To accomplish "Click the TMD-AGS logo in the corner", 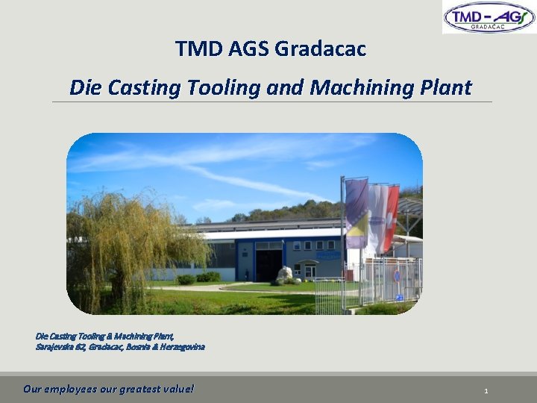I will pyautogui.click(x=489, y=17).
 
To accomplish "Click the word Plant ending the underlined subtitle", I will pyautogui.click(x=445, y=87).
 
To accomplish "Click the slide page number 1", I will pyautogui.click(x=486, y=390).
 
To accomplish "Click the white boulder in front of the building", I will pyautogui.click(x=284, y=274).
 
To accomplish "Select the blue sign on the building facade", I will pyautogui.click(x=328, y=254).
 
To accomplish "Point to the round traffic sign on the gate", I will pyautogui.click(x=396, y=276).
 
